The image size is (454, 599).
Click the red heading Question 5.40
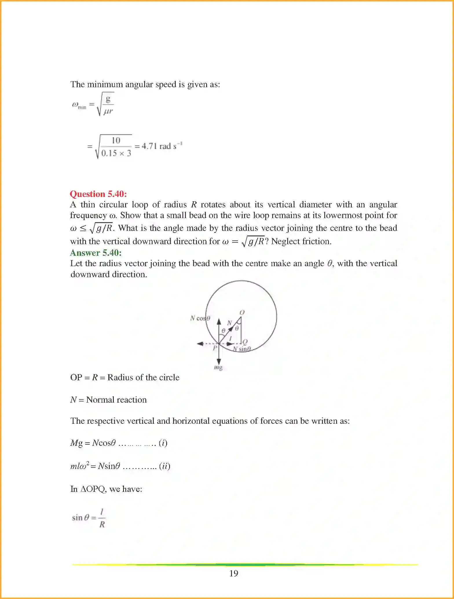pos(98,194)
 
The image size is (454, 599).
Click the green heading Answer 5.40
pos(96,253)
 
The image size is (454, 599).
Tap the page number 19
pos(234,573)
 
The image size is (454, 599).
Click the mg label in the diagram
pos(218,368)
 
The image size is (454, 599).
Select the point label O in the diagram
pos(242,312)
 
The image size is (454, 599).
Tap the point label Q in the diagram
pos(245,341)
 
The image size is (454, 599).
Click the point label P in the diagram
pos(215,348)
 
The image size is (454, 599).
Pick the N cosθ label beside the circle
pos(200,318)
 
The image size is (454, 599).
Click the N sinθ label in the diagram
pos(242,349)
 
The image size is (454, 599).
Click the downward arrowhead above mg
pos(219,361)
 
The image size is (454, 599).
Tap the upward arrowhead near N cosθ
pos(219,321)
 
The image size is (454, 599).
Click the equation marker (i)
pos(163,443)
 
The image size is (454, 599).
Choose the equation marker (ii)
pos(164,466)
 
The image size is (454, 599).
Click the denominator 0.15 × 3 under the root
pos(116,153)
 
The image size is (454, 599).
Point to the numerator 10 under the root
pos(116,140)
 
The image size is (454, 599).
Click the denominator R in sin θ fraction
pos(102,525)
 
